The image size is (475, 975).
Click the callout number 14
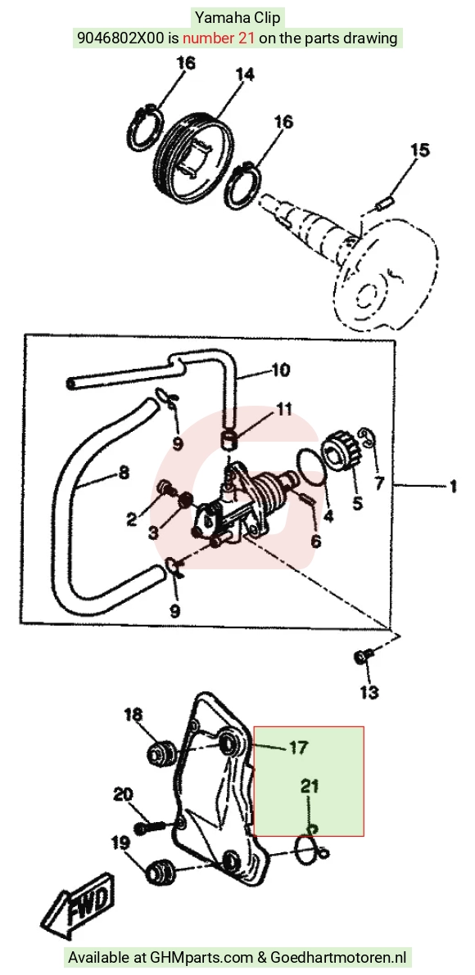(245, 75)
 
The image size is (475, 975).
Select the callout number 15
(419, 150)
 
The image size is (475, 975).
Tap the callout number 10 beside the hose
(280, 370)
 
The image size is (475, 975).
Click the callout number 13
(369, 691)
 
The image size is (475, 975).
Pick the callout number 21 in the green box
(310, 786)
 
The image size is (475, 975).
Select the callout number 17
(299, 747)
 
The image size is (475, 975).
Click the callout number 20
(124, 794)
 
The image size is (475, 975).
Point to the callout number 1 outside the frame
(453, 486)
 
